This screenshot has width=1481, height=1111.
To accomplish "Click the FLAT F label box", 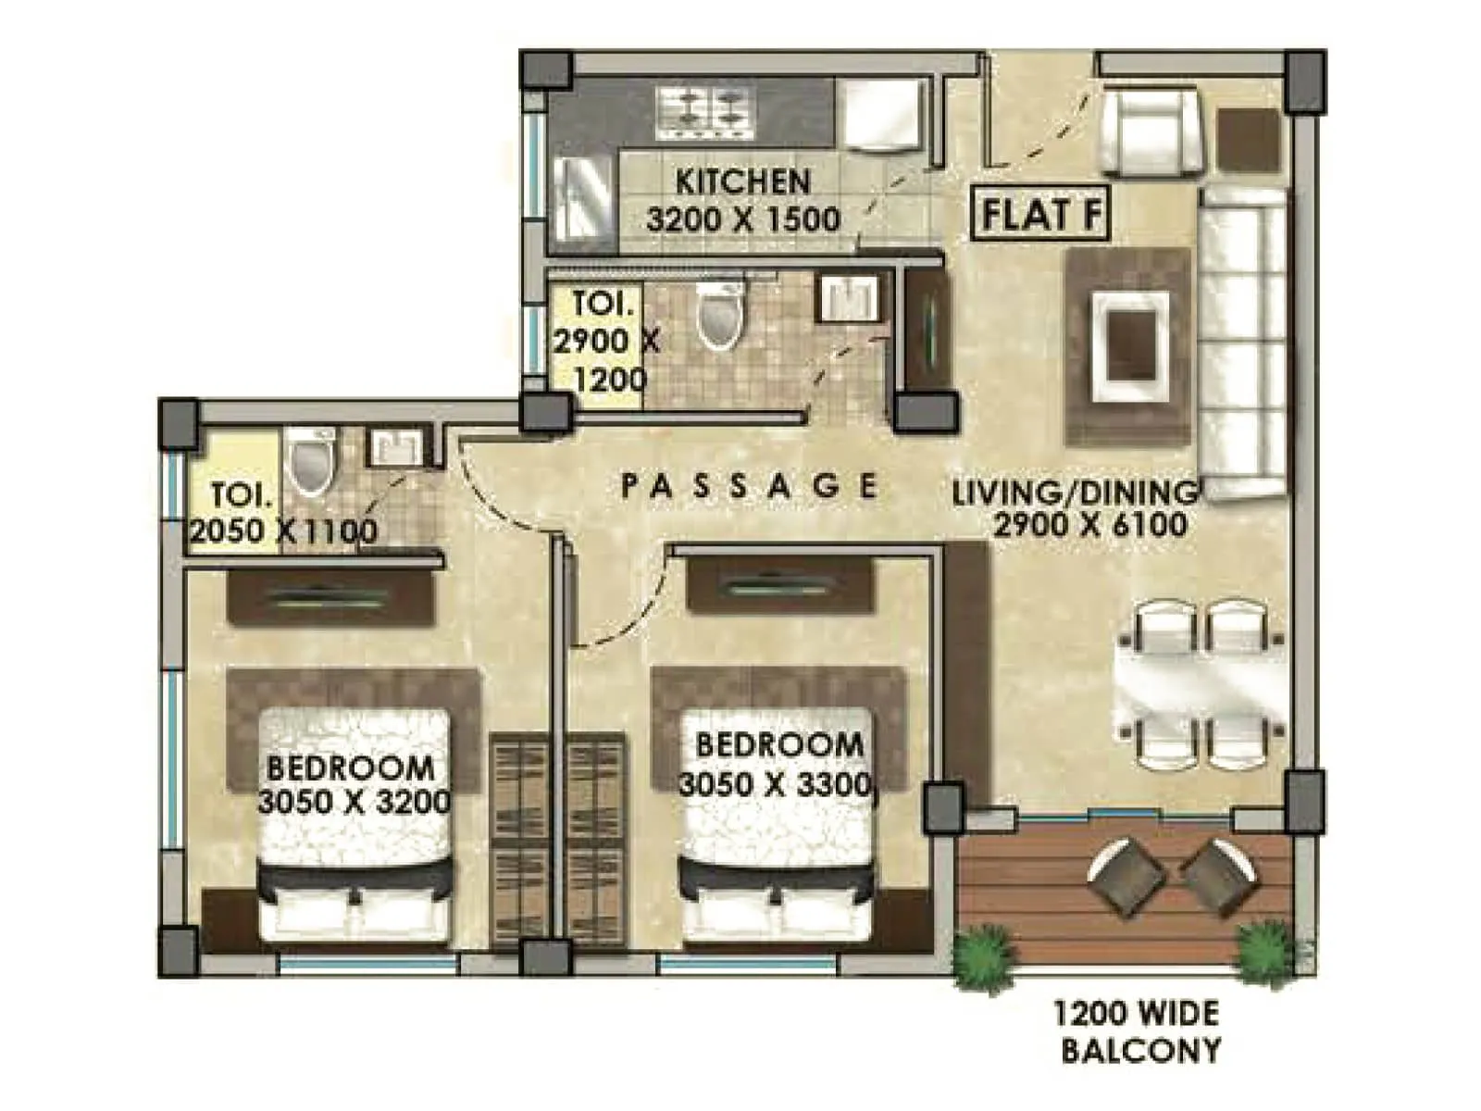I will (1040, 215).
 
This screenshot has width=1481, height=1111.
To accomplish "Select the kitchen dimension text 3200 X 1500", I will (743, 220).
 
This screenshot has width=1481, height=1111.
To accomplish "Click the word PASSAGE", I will (748, 485).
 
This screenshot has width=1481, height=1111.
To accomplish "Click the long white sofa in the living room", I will (1243, 343).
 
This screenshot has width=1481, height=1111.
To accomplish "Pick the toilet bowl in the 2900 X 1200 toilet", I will (720, 315).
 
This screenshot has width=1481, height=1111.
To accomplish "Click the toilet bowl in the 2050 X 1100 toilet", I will (309, 460).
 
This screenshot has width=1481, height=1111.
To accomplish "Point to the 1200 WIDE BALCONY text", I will (1138, 1031).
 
